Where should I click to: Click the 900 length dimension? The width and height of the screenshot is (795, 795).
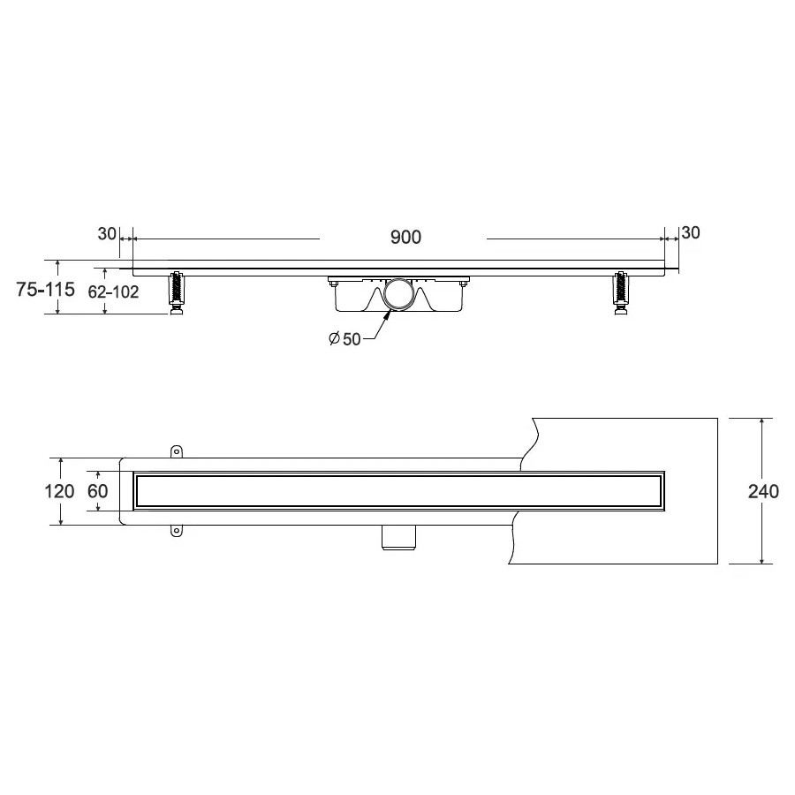[x=405, y=237]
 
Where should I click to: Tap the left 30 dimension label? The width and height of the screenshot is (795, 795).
[x=107, y=234]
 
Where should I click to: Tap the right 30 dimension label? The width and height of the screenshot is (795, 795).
[x=691, y=232]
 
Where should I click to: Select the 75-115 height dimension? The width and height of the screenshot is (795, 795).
[x=45, y=289]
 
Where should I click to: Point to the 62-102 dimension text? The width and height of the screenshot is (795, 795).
[x=113, y=291]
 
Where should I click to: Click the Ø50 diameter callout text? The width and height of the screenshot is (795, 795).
[x=344, y=338]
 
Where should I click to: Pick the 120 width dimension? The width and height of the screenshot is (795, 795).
[x=59, y=491]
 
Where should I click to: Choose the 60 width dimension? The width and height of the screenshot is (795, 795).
[x=97, y=491]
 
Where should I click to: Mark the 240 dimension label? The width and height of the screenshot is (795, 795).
[x=763, y=491]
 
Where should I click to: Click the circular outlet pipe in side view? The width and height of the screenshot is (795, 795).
[x=398, y=294]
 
